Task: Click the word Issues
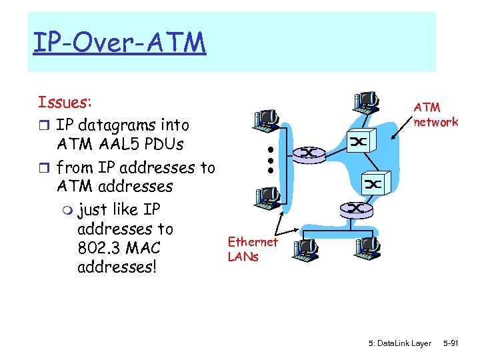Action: [65, 102]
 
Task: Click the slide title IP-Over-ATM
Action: [119, 44]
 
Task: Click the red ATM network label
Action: [435, 114]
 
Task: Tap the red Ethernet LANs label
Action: [252, 249]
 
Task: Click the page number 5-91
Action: [451, 343]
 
